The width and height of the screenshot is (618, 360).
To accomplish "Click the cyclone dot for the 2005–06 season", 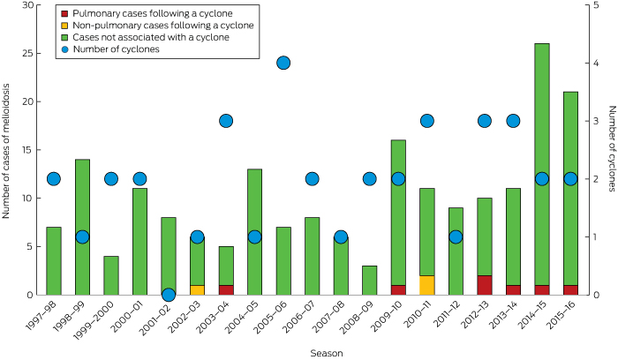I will point(283,63).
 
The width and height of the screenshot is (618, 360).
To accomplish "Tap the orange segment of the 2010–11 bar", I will point(427,285).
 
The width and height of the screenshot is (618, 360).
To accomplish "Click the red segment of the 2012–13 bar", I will point(485,285).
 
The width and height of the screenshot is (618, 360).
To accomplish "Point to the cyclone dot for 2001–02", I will point(169,295).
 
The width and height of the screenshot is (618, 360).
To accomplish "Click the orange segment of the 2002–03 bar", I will point(197,290).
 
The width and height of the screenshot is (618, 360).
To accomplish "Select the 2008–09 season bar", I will point(370,281).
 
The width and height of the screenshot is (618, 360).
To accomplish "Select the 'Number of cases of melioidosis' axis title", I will point(9,150).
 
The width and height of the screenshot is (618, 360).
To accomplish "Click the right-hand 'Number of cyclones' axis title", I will point(609,150).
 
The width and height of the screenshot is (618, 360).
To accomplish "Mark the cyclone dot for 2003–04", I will point(226,121).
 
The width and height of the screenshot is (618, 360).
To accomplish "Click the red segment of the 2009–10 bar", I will point(398,290).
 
